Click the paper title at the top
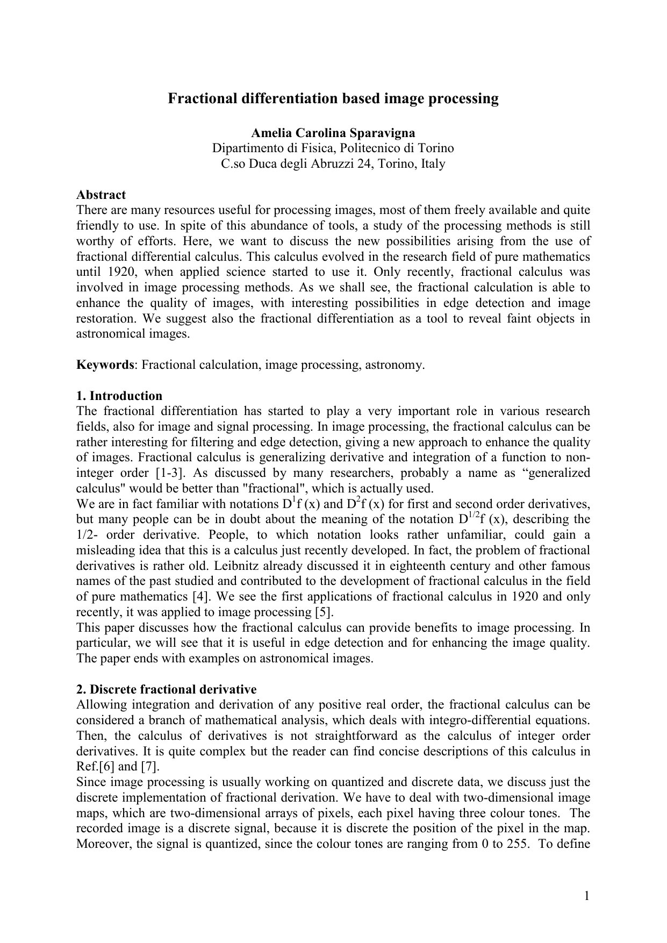tap(333, 99)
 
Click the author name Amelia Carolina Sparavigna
tap(333, 133)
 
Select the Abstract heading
tap(101, 195)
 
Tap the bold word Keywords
tap(105, 365)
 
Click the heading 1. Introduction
tap(119, 396)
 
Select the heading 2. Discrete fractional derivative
tap(167, 690)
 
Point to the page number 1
tap(587, 896)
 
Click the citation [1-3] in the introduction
tap(170, 474)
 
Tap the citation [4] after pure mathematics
tap(197, 597)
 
